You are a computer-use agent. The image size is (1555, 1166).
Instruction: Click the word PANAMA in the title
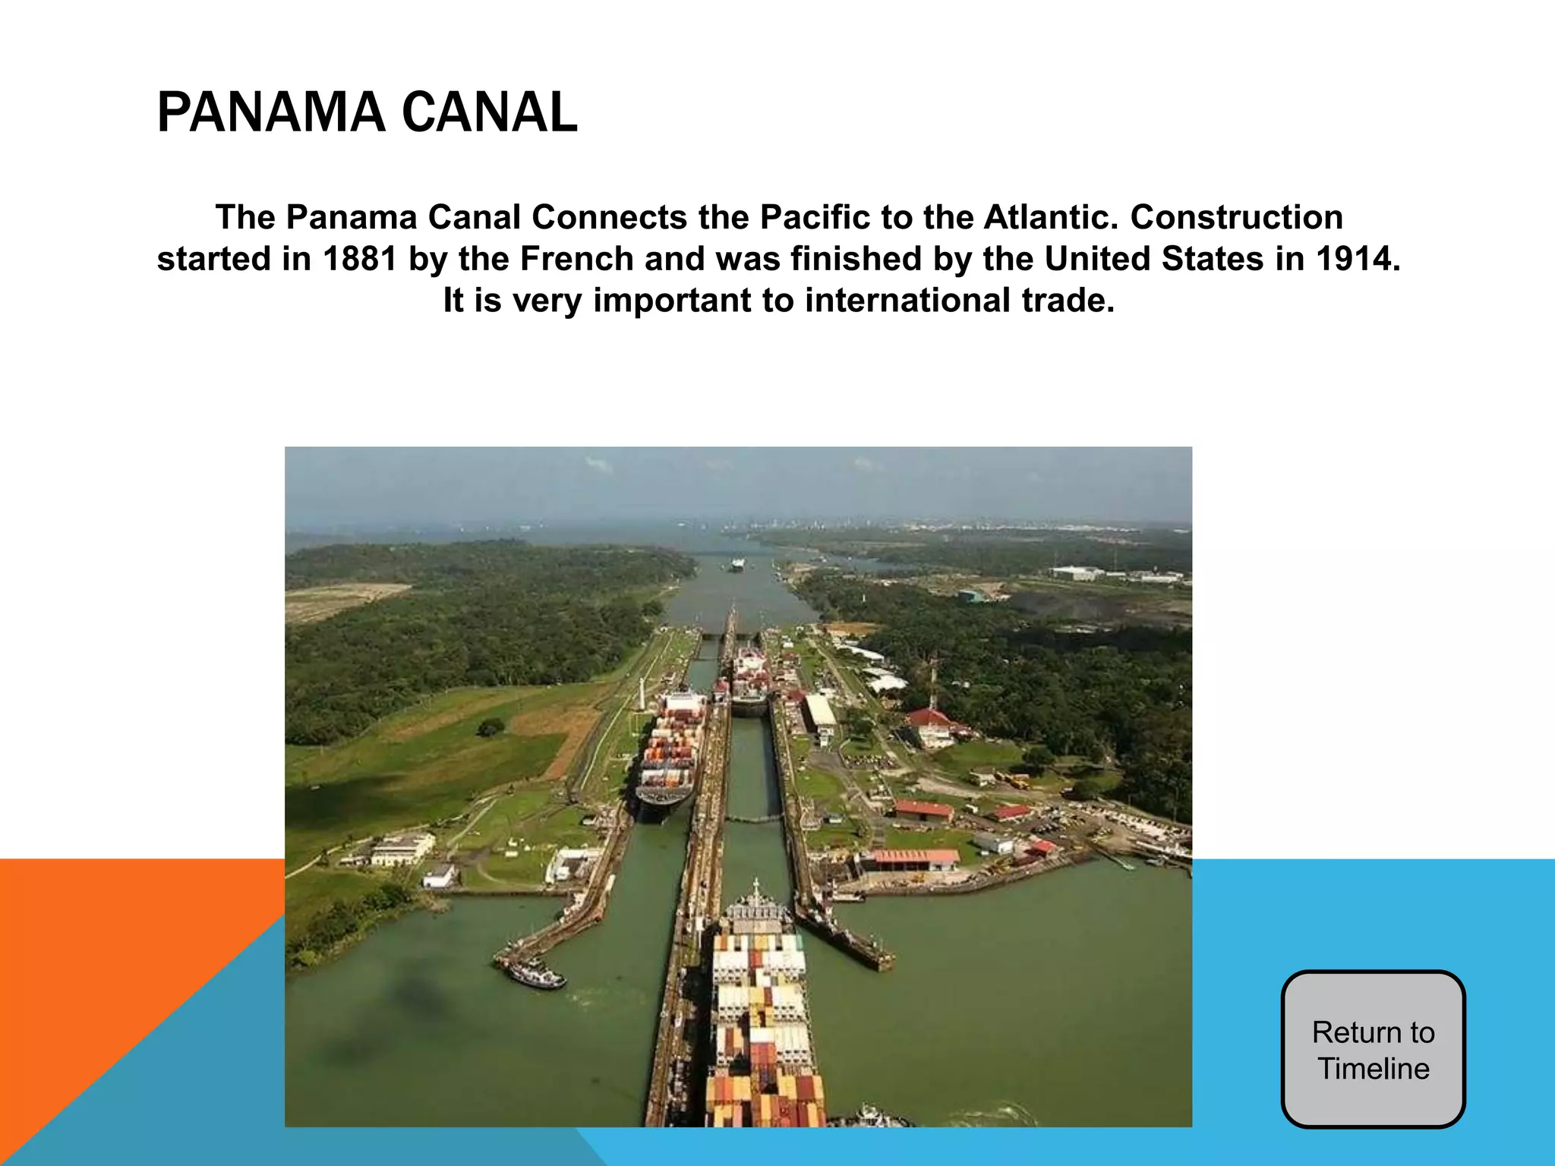pos(269,112)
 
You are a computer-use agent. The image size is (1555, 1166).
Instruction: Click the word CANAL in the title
pos(489,112)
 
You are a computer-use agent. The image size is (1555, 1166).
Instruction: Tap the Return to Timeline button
pos(1373,1050)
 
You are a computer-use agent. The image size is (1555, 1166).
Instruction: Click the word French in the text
pos(576,259)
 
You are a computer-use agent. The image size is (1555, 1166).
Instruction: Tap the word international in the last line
pos(908,301)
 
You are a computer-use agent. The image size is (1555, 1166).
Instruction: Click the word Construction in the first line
pos(1237,218)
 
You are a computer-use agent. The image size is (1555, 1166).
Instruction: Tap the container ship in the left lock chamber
pos(671,752)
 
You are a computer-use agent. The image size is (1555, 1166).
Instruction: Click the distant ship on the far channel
pos(736,564)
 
